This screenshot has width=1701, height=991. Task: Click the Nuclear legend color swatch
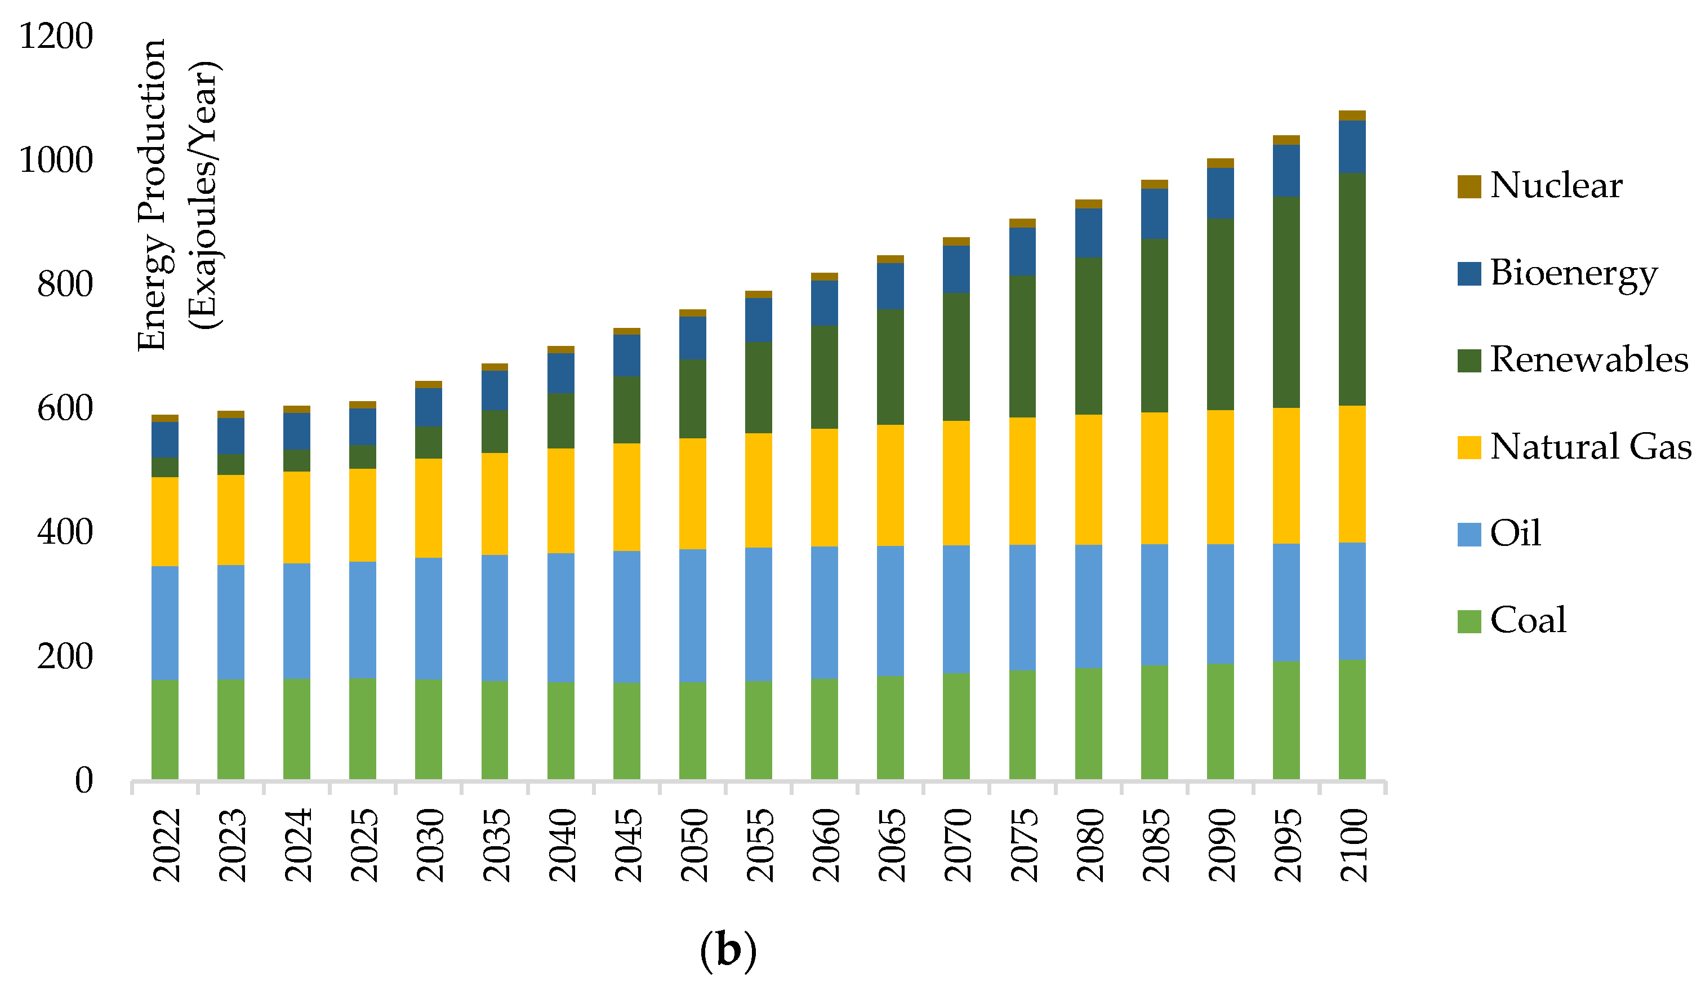pyautogui.click(x=1469, y=186)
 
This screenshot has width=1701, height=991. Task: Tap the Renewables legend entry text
pyautogui.click(x=1588, y=360)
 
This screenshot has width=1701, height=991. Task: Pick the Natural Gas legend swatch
pyautogui.click(x=1469, y=447)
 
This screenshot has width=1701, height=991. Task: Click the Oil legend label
pyautogui.click(x=1515, y=534)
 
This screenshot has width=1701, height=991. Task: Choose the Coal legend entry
pyautogui.click(x=1528, y=620)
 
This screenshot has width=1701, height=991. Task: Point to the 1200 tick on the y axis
pyautogui.click(x=56, y=36)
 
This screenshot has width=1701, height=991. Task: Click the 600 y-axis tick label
pyautogui.click(x=65, y=408)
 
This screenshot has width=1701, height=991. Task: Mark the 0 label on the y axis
pyautogui.click(x=84, y=780)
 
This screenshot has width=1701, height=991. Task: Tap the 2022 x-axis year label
pyautogui.click(x=166, y=845)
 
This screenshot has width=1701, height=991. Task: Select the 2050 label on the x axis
pyautogui.click(x=693, y=845)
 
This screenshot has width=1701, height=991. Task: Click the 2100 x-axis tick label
pyautogui.click(x=1353, y=845)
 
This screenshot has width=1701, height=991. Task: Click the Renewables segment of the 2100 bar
pyautogui.click(x=1352, y=289)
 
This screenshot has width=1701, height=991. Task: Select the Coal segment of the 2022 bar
pyautogui.click(x=164, y=729)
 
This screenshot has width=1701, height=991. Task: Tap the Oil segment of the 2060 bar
pyautogui.click(x=824, y=612)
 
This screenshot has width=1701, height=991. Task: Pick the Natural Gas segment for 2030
pyautogui.click(x=429, y=508)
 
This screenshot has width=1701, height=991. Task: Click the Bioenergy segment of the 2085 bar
pyautogui.click(x=1154, y=214)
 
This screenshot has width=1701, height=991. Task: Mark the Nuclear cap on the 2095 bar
pyautogui.click(x=1286, y=140)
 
